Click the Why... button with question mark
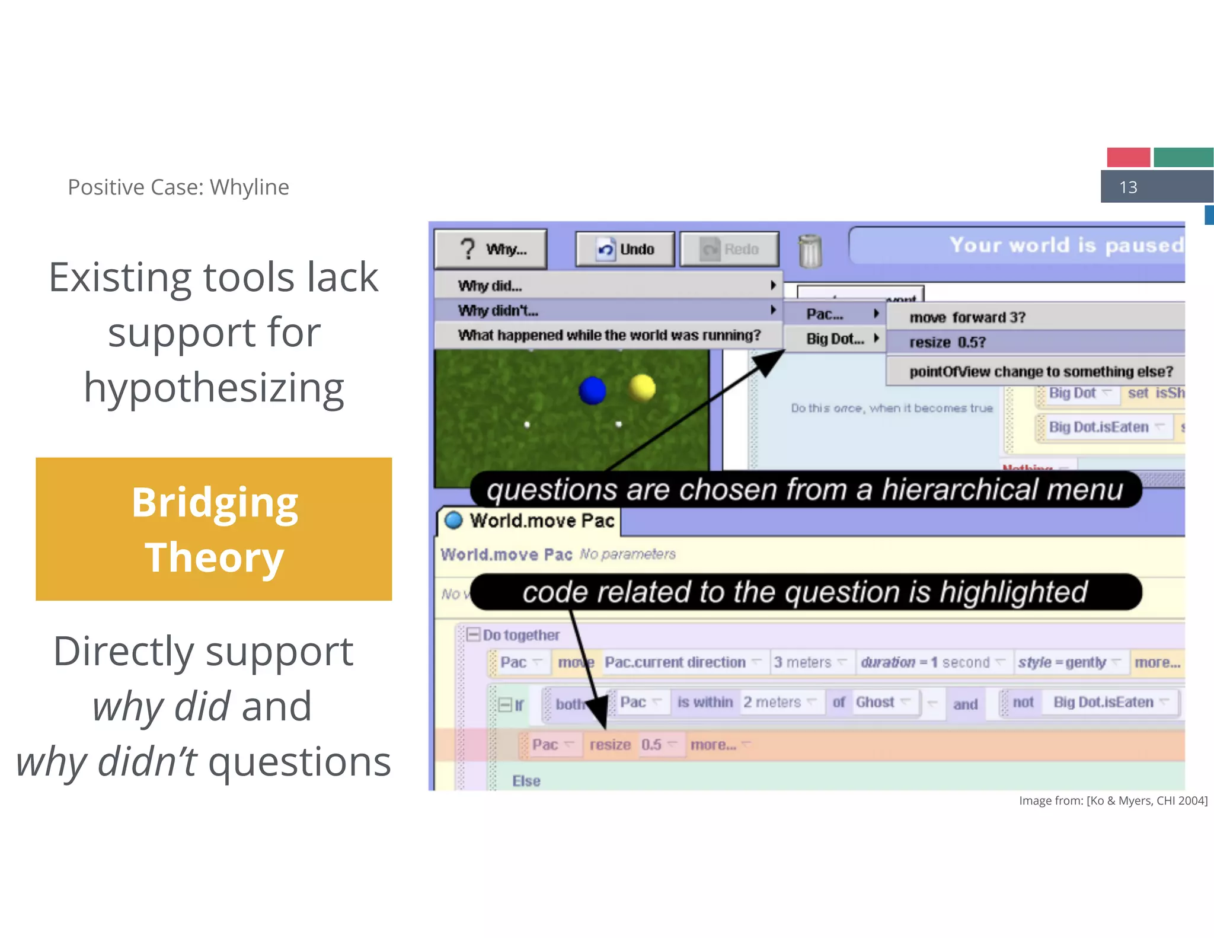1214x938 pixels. tap(491, 249)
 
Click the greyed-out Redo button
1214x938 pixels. tap(729, 249)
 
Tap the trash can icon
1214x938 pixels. tap(810, 251)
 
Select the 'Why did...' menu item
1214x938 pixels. tap(608, 286)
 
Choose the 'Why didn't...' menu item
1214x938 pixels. tap(608, 311)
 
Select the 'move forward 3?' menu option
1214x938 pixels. tap(967, 318)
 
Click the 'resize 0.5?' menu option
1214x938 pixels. tap(947, 343)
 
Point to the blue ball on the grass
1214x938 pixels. tap(592, 391)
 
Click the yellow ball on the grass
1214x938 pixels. tap(642, 388)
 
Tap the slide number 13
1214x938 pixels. tap(1128, 187)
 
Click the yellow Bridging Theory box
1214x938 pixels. tap(214, 529)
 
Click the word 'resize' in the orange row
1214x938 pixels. tap(610, 745)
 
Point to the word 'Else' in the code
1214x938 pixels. tap(526, 781)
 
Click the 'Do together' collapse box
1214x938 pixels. tap(473, 635)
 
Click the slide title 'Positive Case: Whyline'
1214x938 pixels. tap(178, 187)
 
